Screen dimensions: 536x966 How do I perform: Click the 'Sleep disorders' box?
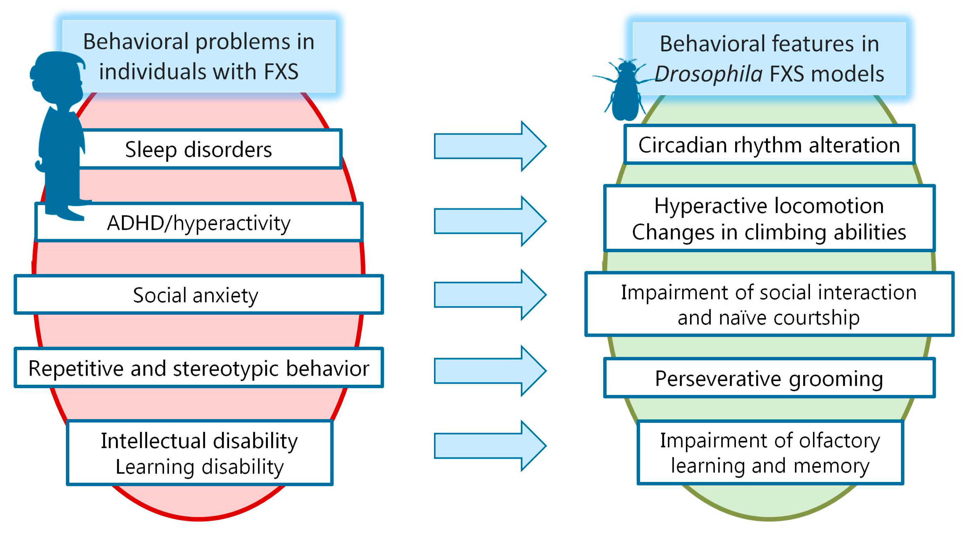pos(210,149)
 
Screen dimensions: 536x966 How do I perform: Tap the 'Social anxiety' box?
pos(199,295)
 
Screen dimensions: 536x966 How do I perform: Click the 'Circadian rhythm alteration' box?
pos(769,145)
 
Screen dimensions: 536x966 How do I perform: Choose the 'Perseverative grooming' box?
pos(769,378)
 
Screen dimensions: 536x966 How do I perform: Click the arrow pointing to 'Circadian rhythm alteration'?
pos(489,146)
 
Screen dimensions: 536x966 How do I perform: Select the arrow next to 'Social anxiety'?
pos(489,295)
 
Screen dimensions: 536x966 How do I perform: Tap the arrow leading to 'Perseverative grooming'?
pos(489,370)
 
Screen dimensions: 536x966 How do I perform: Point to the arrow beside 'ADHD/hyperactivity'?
pos(489,221)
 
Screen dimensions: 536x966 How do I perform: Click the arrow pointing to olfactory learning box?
pos(489,446)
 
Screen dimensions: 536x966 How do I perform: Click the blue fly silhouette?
pos(624,90)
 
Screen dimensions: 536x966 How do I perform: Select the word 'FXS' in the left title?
pos(281,72)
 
